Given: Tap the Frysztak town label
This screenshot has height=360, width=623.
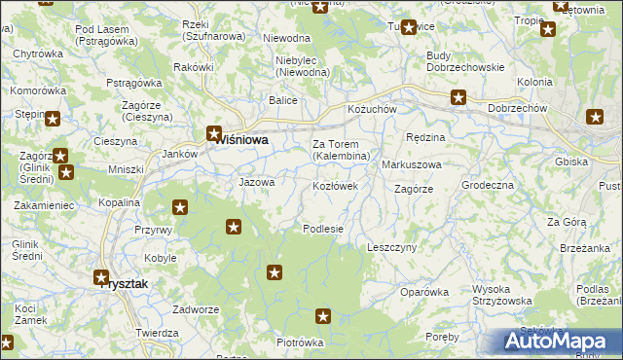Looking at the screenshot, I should (128, 285).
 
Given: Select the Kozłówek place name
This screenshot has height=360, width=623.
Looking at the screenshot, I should (335, 185).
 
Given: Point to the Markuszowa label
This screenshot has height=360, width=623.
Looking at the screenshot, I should (412, 164).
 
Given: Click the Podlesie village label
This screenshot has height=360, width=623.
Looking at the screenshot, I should (323, 229).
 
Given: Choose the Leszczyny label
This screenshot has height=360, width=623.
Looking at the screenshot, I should (391, 248).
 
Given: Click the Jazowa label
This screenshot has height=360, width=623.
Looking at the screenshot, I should (257, 182).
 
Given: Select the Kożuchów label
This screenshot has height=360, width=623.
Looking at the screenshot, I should (373, 110).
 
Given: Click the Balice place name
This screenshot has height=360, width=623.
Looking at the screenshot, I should (283, 99).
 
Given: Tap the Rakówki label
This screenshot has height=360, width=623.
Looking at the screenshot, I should (193, 67).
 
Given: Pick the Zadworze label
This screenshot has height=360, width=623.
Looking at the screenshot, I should (195, 308).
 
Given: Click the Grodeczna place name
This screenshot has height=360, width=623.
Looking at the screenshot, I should (488, 185).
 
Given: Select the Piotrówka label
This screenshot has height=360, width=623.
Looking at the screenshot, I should (300, 342).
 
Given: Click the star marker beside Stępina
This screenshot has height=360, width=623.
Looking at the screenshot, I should (53, 120).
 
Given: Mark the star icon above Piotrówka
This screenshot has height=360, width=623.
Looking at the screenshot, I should (323, 316).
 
